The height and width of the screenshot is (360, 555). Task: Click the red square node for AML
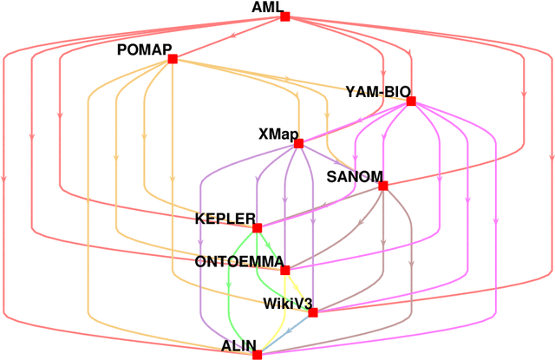point(284,16)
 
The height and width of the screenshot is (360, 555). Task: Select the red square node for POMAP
point(173,59)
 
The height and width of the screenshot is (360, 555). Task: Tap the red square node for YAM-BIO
point(411,101)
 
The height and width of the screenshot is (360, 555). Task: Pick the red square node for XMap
point(298,144)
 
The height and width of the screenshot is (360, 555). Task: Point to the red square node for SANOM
point(382,186)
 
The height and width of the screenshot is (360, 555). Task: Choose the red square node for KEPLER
point(257,228)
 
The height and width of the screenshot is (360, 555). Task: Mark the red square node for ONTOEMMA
point(284,270)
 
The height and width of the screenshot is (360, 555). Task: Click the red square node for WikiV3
point(312,312)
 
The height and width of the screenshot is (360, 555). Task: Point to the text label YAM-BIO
point(377,91)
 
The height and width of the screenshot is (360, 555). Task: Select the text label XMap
point(278,134)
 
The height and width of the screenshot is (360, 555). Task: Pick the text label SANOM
point(354,177)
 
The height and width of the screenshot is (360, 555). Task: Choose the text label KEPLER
point(225,219)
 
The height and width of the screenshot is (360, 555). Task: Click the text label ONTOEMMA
point(237,261)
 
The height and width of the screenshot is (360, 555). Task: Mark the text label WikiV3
point(286,304)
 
